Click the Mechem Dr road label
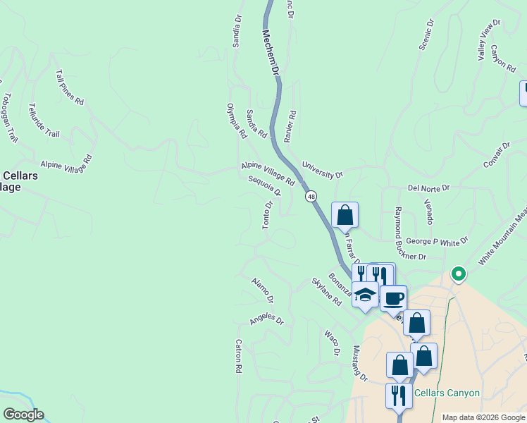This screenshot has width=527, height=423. [x=272, y=53]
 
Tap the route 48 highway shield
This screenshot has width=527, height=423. [x=311, y=197]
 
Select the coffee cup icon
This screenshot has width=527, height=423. [x=394, y=297]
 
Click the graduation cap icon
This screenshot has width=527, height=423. [x=365, y=295]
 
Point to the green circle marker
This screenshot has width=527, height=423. [x=458, y=273]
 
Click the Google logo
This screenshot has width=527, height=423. [x=23, y=415]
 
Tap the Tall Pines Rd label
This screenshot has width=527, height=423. [x=69, y=87]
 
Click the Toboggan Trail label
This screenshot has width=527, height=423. [x=10, y=118]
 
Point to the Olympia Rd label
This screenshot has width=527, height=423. [x=236, y=121]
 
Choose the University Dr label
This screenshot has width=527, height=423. [x=322, y=170]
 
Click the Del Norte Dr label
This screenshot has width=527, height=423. [x=428, y=188]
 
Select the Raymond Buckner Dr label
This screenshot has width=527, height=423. [x=410, y=233]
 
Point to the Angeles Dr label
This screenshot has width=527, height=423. [x=266, y=320]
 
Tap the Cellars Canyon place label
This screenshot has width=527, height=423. [x=447, y=393]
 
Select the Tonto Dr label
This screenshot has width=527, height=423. [x=267, y=215]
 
